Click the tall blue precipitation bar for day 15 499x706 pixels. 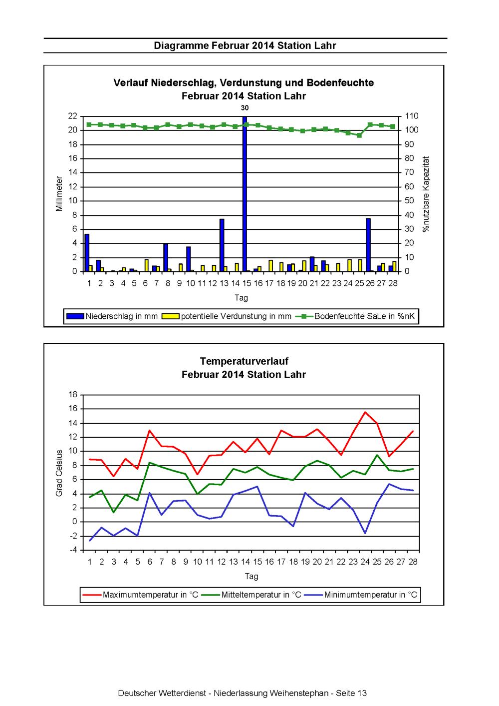pyautogui.click(x=245, y=193)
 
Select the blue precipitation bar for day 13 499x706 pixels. pyautogui.click(x=222, y=245)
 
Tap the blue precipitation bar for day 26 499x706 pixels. pyautogui.click(x=368, y=245)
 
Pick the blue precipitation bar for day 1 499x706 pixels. pyautogui.click(x=87, y=252)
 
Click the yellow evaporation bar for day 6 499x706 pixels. pyautogui.click(x=146, y=265)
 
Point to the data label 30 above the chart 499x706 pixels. pyautogui.click(x=245, y=108)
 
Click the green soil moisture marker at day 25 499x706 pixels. pyautogui.click(x=359, y=135)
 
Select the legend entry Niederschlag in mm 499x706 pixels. pyautogui.click(x=111, y=316)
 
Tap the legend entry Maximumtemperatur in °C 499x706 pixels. pyautogui.click(x=140, y=595)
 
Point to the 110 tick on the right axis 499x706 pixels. pyautogui.click(x=411, y=116)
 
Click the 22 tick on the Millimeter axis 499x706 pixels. pyautogui.click(x=73, y=116)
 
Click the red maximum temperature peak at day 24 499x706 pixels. pyautogui.click(x=365, y=412)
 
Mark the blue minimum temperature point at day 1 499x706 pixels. pyautogui.click(x=90, y=541)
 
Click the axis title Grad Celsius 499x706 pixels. pyautogui.click(x=59, y=473)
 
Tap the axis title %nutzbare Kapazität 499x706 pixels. pyautogui.click(x=426, y=194)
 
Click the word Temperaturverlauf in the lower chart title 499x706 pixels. pyautogui.click(x=244, y=361)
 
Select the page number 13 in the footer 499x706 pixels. pyautogui.click(x=362, y=693)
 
